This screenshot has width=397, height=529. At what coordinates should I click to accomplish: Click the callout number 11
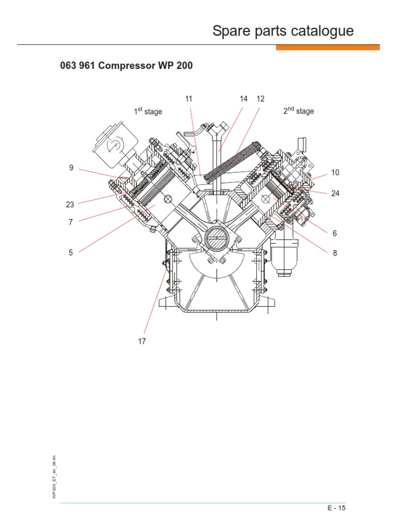click(x=189, y=99)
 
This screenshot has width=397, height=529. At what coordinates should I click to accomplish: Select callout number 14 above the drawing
click(x=243, y=99)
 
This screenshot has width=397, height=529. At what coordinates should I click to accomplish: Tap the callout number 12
click(x=260, y=99)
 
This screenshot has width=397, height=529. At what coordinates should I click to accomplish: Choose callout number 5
click(x=71, y=253)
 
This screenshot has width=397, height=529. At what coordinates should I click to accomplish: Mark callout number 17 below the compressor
click(x=142, y=341)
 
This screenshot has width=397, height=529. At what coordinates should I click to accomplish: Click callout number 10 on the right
click(x=335, y=172)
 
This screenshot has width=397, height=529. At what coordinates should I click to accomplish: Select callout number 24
click(x=335, y=194)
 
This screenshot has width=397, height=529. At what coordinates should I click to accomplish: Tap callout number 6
click(x=334, y=234)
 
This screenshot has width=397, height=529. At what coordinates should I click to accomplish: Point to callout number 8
click(x=334, y=253)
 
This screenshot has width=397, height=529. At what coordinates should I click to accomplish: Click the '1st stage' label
click(x=148, y=111)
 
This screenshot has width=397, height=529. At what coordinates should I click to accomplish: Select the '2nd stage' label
click(x=298, y=111)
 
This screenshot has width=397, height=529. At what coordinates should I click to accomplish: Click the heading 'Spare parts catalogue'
click(x=283, y=31)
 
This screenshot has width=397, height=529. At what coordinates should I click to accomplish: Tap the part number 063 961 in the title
click(x=80, y=67)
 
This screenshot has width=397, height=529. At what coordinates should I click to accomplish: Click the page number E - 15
click(x=336, y=508)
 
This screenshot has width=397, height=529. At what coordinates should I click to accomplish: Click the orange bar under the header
click(x=328, y=48)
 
